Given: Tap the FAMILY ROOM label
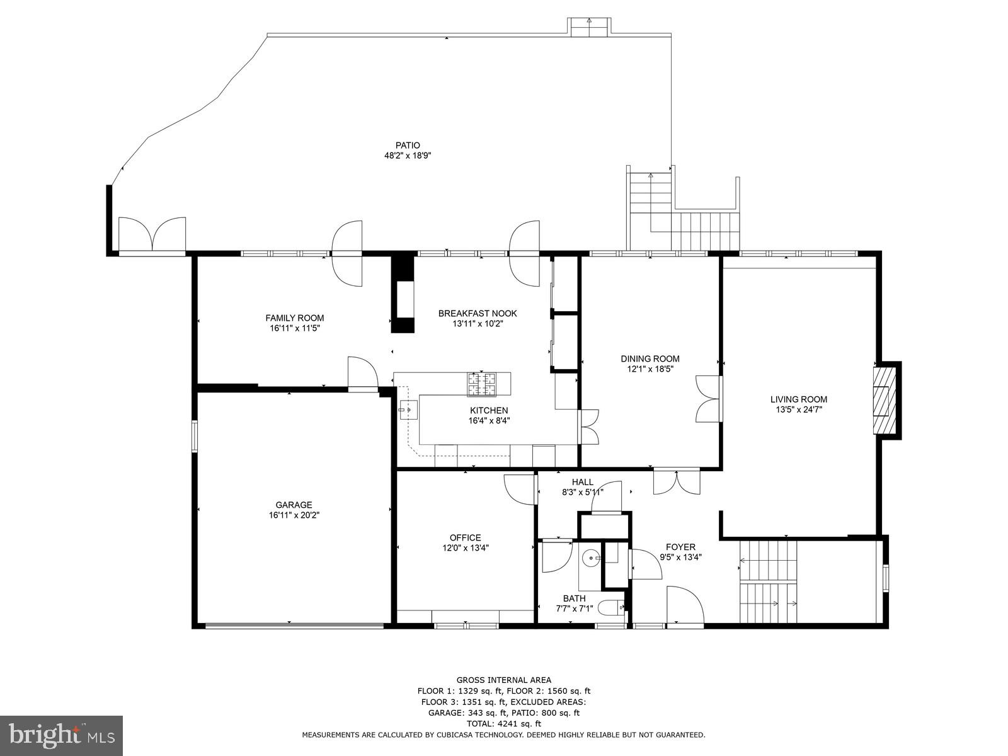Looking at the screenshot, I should pos(294,318).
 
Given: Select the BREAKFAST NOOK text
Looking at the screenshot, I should pos(478,313).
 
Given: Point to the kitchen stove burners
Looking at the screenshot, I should pos(481,384).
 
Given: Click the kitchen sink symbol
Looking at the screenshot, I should pos(408,410).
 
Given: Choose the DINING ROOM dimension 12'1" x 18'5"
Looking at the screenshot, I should pos(650,369).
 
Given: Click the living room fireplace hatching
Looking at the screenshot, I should pos(883,400).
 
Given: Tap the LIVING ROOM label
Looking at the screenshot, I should pos(798,399).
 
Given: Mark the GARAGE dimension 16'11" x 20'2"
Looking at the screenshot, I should pos(294,515).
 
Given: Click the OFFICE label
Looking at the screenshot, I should pos(465,537).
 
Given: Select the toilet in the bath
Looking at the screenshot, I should pos(609,608).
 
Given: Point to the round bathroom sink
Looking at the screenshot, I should pos(591,557).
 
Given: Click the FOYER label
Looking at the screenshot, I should pos(680,547).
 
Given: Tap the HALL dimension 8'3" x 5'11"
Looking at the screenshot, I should pos(582,492).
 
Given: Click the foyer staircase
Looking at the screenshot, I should pos(768,582).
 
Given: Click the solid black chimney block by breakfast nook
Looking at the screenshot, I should pos(403,292).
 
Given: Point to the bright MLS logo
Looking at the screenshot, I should pos(61,735).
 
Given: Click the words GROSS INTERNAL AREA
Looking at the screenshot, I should pos(503,680).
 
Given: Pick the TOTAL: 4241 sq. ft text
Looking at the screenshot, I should pos(503,724).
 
